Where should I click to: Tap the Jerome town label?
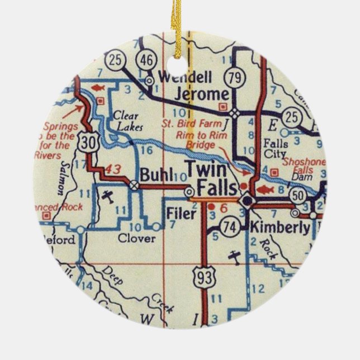202,93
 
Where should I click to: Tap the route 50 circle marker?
298,195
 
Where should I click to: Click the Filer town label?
181,213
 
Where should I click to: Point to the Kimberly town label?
280,228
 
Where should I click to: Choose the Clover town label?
136,239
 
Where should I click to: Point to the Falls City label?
275,149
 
